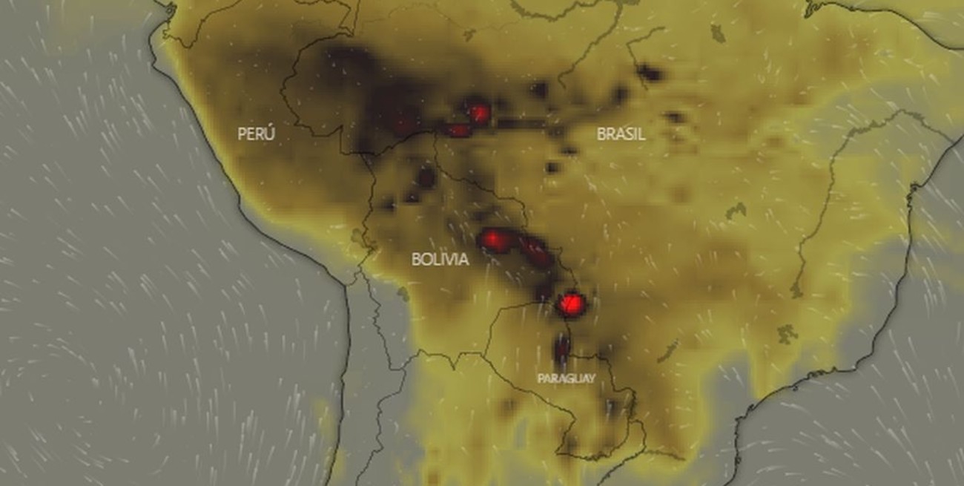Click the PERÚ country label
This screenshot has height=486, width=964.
[x=257, y=134]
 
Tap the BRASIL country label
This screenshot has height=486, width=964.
[x=621, y=134]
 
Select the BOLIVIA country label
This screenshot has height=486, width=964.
[x=440, y=260]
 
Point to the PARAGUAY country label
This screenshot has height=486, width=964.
[x=567, y=378]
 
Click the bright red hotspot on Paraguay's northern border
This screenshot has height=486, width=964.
[x=571, y=303]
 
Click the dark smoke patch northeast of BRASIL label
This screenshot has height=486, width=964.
[x=650, y=72]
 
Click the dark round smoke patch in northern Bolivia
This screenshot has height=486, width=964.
[x=426, y=177]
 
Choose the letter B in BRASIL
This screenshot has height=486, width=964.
[x=602, y=134]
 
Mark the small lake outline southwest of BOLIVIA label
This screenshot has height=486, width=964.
[x=402, y=295]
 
